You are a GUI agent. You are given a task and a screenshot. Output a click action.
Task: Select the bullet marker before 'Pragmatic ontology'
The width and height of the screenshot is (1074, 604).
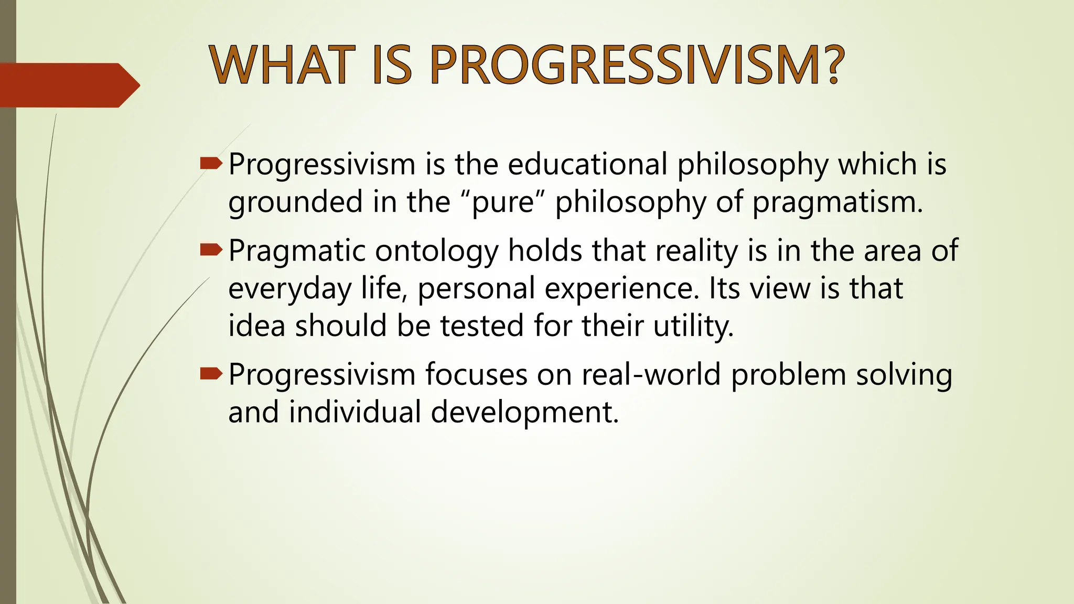pos(211,251)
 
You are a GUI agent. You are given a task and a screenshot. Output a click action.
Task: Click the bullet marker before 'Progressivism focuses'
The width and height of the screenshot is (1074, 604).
pos(211,374)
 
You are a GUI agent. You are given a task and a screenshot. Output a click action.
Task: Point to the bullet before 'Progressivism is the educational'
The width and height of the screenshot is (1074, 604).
pos(211,164)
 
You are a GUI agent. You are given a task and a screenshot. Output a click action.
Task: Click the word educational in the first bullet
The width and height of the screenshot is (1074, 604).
pos(587,164)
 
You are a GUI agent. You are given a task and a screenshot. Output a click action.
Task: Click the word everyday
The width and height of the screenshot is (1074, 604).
pos(289,288)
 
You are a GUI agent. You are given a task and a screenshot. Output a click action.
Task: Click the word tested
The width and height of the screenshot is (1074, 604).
pos(482,326)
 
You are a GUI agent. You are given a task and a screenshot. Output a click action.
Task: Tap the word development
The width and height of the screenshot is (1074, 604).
pos(525,412)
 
